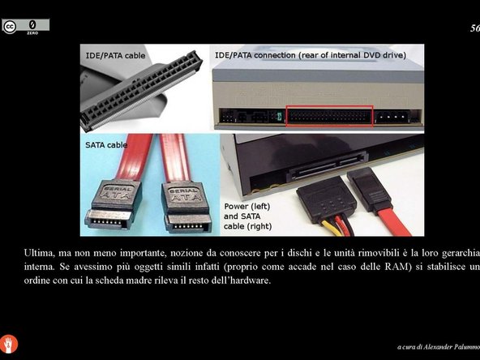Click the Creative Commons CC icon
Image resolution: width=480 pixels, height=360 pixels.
[10, 27]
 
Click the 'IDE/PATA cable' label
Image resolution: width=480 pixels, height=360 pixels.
[116, 56]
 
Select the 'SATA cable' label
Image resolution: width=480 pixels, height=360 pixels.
[106, 146]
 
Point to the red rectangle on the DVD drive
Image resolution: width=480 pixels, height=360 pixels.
[330, 115]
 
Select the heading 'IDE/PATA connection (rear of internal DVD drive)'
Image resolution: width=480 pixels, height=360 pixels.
[310, 56]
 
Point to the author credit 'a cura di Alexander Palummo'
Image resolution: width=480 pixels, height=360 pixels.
[437, 348]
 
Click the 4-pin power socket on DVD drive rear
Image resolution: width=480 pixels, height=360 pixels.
[389, 115]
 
